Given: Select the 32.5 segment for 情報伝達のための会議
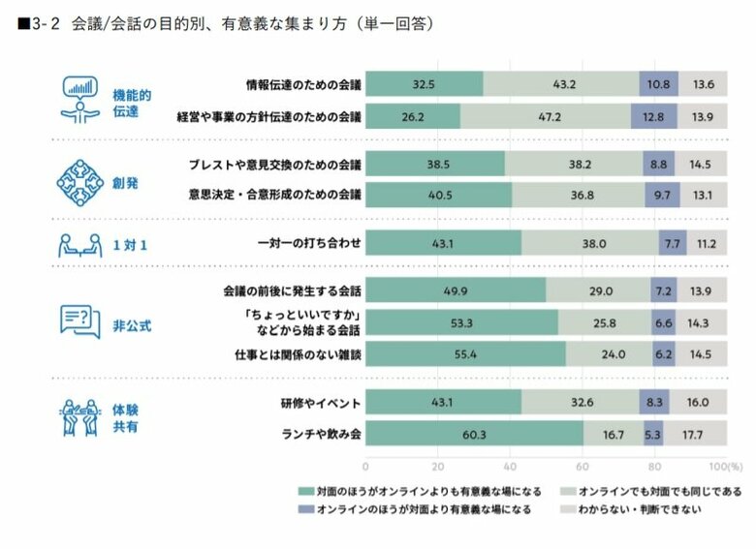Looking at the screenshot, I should point(425,84).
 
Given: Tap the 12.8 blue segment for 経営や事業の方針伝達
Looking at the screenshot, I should point(653,117).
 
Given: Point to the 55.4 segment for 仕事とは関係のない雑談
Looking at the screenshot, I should point(466,354).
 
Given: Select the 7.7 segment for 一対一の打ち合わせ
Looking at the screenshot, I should point(672,243).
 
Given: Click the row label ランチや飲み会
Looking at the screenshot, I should point(323,434).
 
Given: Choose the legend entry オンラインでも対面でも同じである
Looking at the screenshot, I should point(660,491).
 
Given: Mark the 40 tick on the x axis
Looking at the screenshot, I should point(512,464).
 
